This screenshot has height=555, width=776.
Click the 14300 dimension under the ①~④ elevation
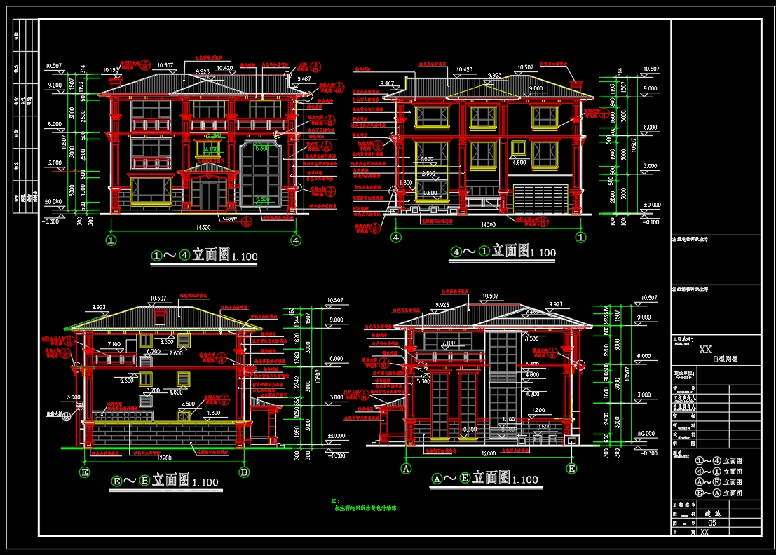tap(204, 227)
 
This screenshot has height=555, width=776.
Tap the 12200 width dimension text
tap(165, 458)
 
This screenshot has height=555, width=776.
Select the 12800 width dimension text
tap(488, 453)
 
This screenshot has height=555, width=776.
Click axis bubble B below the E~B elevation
tap(244, 472)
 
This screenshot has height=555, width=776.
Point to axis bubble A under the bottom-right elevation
tap(405, 467)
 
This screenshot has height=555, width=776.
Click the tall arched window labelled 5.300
tap(261, 175)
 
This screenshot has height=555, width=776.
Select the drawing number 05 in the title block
tap(713, 523)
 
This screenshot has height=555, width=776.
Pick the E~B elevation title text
tap(165, 481)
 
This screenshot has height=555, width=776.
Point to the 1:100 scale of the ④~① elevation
tap(542, 253)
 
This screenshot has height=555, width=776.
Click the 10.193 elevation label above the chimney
tap(110, 70)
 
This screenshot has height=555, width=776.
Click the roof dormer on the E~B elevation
tap(161, 317)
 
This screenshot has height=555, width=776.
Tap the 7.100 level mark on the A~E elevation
tap(447, 343)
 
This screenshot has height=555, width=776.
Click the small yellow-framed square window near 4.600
tap(518, 148)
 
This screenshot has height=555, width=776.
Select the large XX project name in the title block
tap(705, 348)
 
